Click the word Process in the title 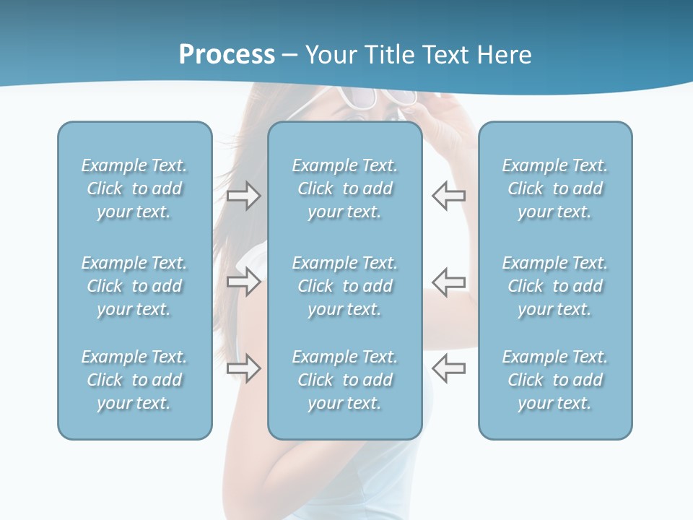pyautogui.click(x=227, y=55)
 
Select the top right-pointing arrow pyautogui.click(x=243, y=195)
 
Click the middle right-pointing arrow pyautogui.click(x=243, y=282)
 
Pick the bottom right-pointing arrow pyautogui.click(x=243, y=368)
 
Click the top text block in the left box pyautogui.click(x=134, y=188)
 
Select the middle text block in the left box pyautogui.click(x=134, y=286)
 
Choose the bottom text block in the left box pyautogui.click(x=134, y=380)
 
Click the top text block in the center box pyautogui.click(x=344, y=188)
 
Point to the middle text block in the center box pyautogui.click(x=344, y=286)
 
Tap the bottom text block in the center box pyautogui.click(x=344, y=380)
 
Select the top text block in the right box pyautogui.click(x=554, y=188)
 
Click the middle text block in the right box pyautogui.click(x=554, y=286)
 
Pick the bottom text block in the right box pyautogui.click(x=554, y=380)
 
